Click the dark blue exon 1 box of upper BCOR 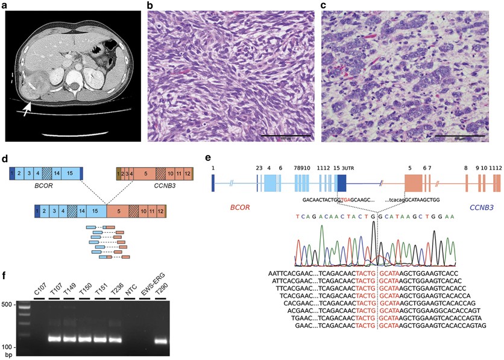[12, 175]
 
